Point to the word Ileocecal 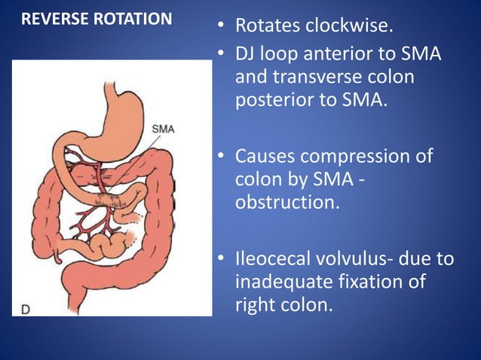276,259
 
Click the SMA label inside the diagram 163,128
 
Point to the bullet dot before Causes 221,157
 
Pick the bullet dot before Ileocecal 221,260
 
